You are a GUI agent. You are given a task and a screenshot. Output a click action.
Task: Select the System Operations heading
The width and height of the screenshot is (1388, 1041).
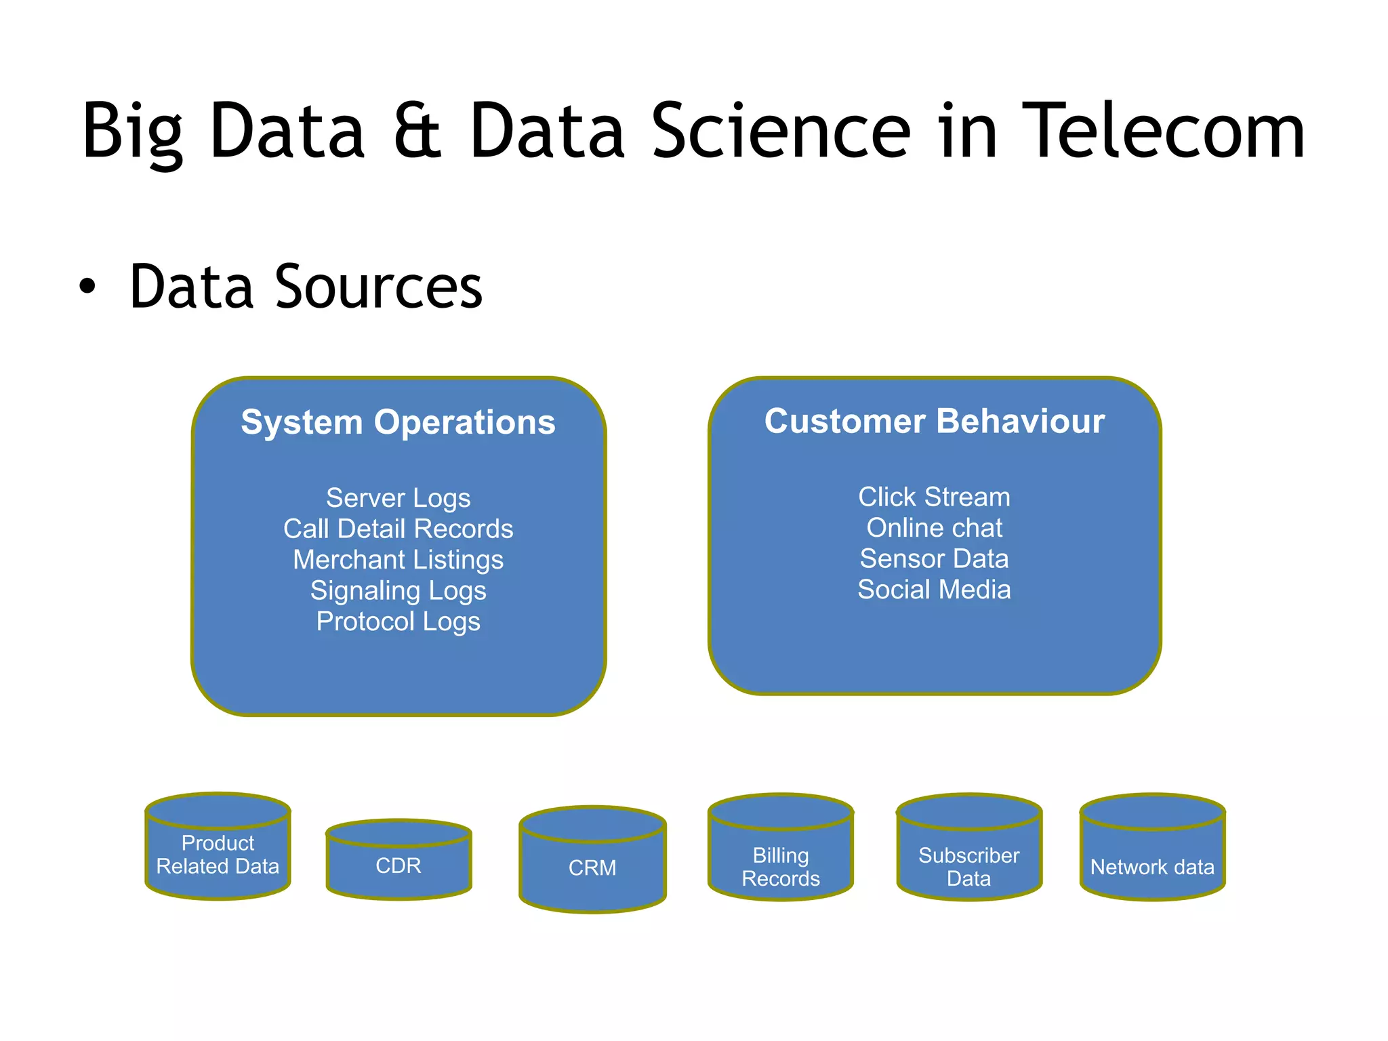tap(398, 422)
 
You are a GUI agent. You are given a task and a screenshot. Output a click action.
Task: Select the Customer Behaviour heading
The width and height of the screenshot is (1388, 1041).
tap(934, 421)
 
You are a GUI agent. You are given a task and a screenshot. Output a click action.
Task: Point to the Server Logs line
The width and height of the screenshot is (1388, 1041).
tap(398, 498)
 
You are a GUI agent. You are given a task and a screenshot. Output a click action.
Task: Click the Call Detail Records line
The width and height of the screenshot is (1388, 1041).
tap(398, 529)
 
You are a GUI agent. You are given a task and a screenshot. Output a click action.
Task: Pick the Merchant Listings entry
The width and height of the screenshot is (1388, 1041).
tap(398, 560)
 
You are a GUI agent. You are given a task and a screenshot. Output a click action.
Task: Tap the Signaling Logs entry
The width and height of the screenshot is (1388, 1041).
tap(398, 591)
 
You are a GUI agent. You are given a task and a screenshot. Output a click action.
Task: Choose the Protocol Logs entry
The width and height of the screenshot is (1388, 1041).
tap(398, 621)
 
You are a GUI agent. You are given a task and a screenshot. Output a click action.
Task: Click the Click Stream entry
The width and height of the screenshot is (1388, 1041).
tap(934, 497)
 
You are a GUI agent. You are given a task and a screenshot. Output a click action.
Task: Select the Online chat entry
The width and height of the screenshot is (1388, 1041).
tap(934, 528)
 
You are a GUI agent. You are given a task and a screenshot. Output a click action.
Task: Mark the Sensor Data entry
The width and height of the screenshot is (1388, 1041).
tap(934, 558)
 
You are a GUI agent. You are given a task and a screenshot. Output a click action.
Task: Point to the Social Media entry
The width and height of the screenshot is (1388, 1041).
tap(934, 590)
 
